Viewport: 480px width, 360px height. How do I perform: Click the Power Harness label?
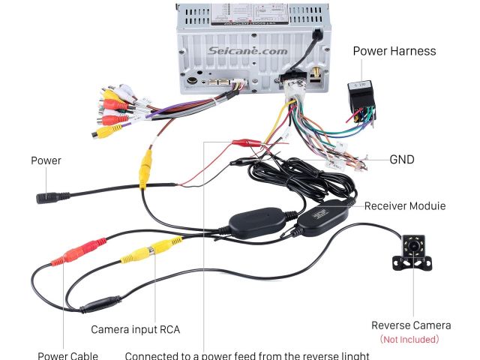tap(394, 52)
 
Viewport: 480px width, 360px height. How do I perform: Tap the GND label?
tap(402, 160)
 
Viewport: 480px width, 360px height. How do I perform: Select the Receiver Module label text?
tap(405, 205)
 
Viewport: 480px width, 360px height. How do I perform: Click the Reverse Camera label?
tap(411, 325)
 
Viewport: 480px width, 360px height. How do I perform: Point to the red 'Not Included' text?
tap(409, 339)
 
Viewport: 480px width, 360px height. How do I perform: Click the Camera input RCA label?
tap(136, 329)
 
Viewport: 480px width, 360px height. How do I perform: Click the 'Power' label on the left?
tap(46, 160)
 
